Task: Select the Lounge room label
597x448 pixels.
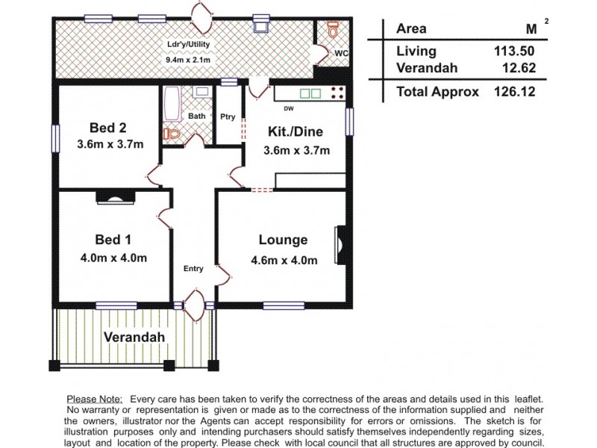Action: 283,240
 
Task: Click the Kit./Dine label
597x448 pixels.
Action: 295,132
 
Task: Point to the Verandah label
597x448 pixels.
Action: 134,337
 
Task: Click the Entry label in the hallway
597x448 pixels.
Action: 193,270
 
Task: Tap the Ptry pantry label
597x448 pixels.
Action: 228,116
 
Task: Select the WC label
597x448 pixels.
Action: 340,54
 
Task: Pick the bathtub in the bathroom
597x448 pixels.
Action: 171,104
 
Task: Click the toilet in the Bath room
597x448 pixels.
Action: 172,134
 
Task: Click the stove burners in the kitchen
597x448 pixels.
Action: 337,93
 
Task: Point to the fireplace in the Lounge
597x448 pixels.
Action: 340,246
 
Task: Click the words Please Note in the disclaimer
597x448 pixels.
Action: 94,400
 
